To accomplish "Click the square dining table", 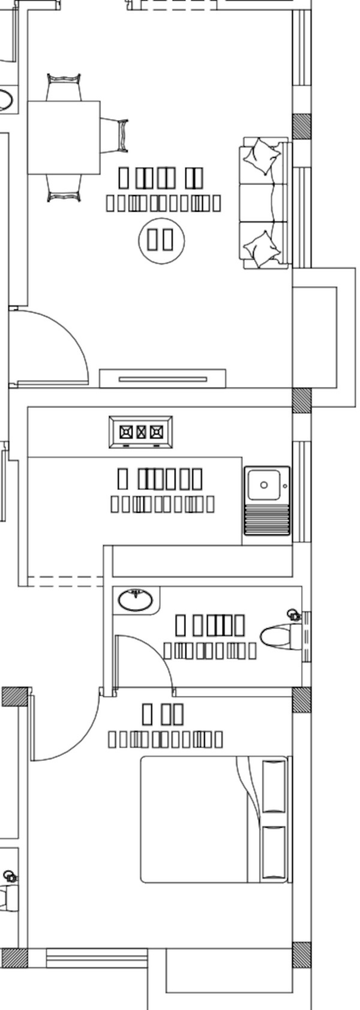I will pyautogui.click(x=64, y=137).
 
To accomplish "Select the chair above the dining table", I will pyautogui.click(x=64, y=87).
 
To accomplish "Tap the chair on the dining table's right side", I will pyautogui.click(x=115, y=136).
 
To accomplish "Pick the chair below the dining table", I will pyautogui.click(x=64, y=188).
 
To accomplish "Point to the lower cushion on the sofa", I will pyautogui.click(x=262, y=248).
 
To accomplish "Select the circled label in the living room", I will pyautogui.click(x=161, y=240).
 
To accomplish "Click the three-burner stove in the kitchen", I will pyautogui.click(x=141, y=432).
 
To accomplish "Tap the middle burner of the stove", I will pyautogui.click(x=141, y=432).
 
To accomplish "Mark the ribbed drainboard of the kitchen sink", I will pyautogui.click(x=266, y=519).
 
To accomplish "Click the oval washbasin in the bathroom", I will pyautogui.click(x=136, y=599).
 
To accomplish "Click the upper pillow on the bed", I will pyautogui.click(x=274, y=786).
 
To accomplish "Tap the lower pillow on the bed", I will pyautogui.click(x=274, y=853).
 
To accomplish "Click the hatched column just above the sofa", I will pyautogui.click(x=302, y=125).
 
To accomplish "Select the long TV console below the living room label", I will pyautogui.click(x=163, y=378).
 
